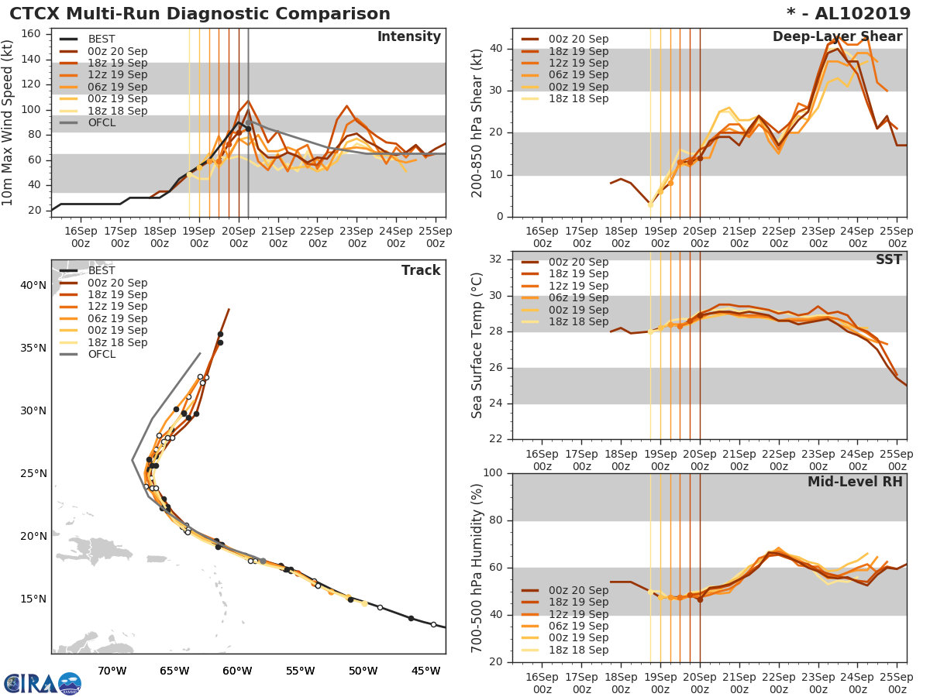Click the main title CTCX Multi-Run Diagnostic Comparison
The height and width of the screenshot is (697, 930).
click(200, 14)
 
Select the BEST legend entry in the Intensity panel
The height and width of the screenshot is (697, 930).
click(101, 39)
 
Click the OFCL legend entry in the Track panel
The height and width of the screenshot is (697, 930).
click(101, 355)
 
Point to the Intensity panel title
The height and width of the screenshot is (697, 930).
click(408, 37)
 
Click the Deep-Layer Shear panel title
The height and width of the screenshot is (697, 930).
click(837, 37)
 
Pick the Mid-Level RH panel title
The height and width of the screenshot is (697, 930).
click(855, 482)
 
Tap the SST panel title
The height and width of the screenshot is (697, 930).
click(889, 260)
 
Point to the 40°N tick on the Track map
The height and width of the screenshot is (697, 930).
click(33, 285)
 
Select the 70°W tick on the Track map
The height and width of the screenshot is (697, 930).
click(112, 671)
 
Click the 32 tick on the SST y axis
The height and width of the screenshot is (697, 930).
click(495, 259)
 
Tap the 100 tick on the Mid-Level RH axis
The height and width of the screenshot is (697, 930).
click(492, 473)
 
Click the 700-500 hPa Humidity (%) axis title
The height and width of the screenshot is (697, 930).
click(477, 568)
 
